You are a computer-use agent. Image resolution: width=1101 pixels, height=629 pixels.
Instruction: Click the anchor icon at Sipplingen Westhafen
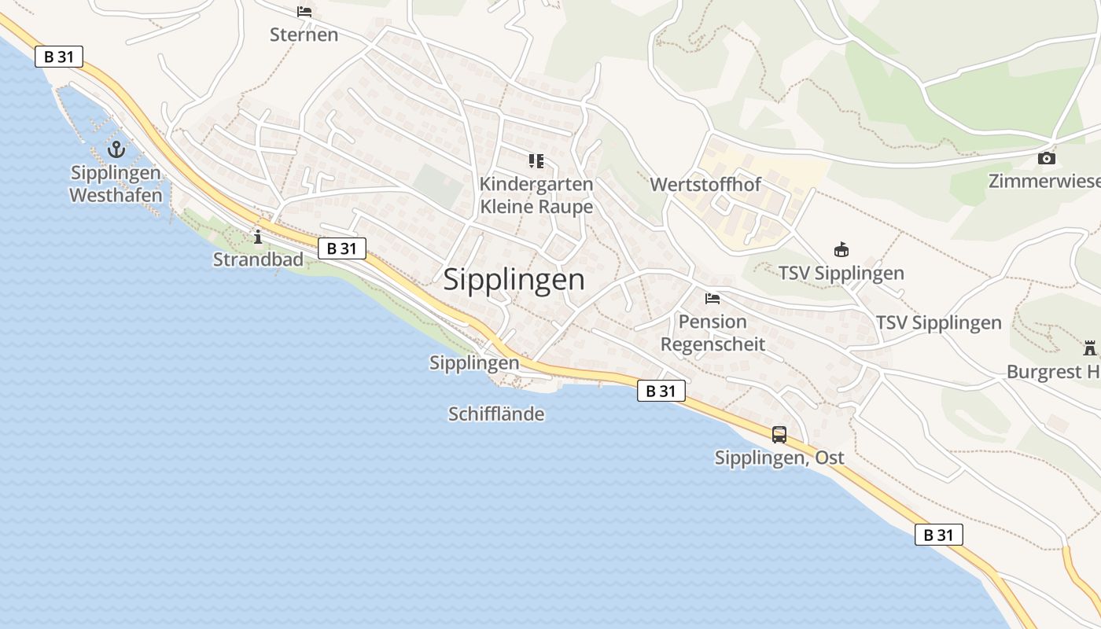click(x=116, y=148)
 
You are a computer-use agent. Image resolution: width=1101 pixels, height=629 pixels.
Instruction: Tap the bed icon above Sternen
click(x=304, y=12)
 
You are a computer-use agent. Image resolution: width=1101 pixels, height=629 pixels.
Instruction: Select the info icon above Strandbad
click(x=257, y=236)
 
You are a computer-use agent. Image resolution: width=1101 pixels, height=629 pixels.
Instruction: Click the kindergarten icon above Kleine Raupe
click(x=536, y=162)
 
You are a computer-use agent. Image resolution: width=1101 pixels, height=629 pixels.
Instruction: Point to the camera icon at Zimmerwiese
click(x=1046, y=158)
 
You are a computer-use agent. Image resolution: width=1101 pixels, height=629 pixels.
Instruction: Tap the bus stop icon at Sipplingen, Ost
click(x=779, y=434)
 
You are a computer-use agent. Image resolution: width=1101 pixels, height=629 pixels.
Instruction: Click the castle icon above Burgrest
click(x=1090, y=348)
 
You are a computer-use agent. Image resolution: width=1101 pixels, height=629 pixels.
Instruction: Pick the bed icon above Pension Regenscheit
click(x=713, y=299)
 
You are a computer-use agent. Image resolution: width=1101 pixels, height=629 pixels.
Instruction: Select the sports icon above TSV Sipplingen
click(x=841, y=250)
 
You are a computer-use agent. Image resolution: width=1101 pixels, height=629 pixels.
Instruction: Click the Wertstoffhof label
click(x=705, y=185)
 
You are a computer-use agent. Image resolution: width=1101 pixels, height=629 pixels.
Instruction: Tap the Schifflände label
click(x=496, y=414)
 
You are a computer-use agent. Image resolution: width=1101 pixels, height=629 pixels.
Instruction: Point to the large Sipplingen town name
click(x=514, y=280)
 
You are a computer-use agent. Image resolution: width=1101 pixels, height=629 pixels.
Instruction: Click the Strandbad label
click(x=258, y=259)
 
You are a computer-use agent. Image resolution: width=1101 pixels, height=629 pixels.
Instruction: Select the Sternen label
click(x=304, y=35)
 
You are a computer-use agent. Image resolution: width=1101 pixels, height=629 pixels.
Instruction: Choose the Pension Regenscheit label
click(x=713, y=333)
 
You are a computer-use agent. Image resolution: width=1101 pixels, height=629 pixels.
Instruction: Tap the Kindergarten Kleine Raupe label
click(x=536, y=195)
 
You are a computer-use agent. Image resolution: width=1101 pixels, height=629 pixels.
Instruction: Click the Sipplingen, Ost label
click(x=779, y=458)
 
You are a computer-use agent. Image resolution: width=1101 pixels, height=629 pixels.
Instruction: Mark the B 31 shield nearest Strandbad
click(x=343, y=248)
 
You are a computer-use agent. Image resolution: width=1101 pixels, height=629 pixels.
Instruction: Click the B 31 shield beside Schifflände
click(x=661, y=391)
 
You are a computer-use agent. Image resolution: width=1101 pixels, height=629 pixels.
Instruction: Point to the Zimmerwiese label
click(x=1044, y=181)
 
